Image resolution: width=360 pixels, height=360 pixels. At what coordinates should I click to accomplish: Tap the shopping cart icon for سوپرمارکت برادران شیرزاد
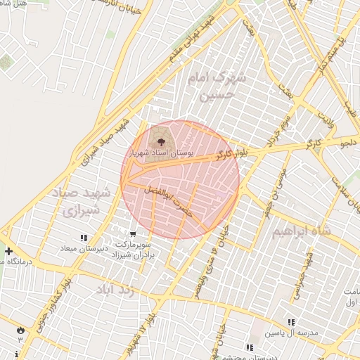[x=133, y=233]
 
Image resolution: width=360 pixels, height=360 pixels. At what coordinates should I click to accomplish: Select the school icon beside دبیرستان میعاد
[x=84, y=238]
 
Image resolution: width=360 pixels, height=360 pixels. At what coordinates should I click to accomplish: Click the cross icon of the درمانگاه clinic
[x=8, y=251]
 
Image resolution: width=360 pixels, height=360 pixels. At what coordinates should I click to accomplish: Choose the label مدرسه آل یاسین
[x=290, y=333]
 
